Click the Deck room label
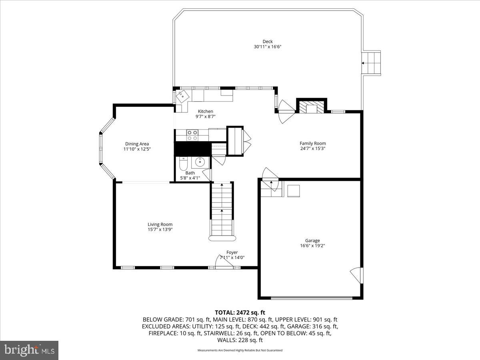point(268,41)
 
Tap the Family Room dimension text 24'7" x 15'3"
point(313,148)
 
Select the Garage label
point(312,240)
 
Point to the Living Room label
point(160,224)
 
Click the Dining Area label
point(137,144)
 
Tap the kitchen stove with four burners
point(192,135)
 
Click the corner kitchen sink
point(182,96)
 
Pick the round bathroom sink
point(198,162)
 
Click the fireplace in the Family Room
point(311,107)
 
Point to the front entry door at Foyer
point(222,262)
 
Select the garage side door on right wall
point(357,275)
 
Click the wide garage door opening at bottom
point(312,297)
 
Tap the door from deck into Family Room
point(286,111)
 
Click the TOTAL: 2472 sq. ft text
point(240,312)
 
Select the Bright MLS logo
point(29,350)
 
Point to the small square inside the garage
point(294,191)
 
